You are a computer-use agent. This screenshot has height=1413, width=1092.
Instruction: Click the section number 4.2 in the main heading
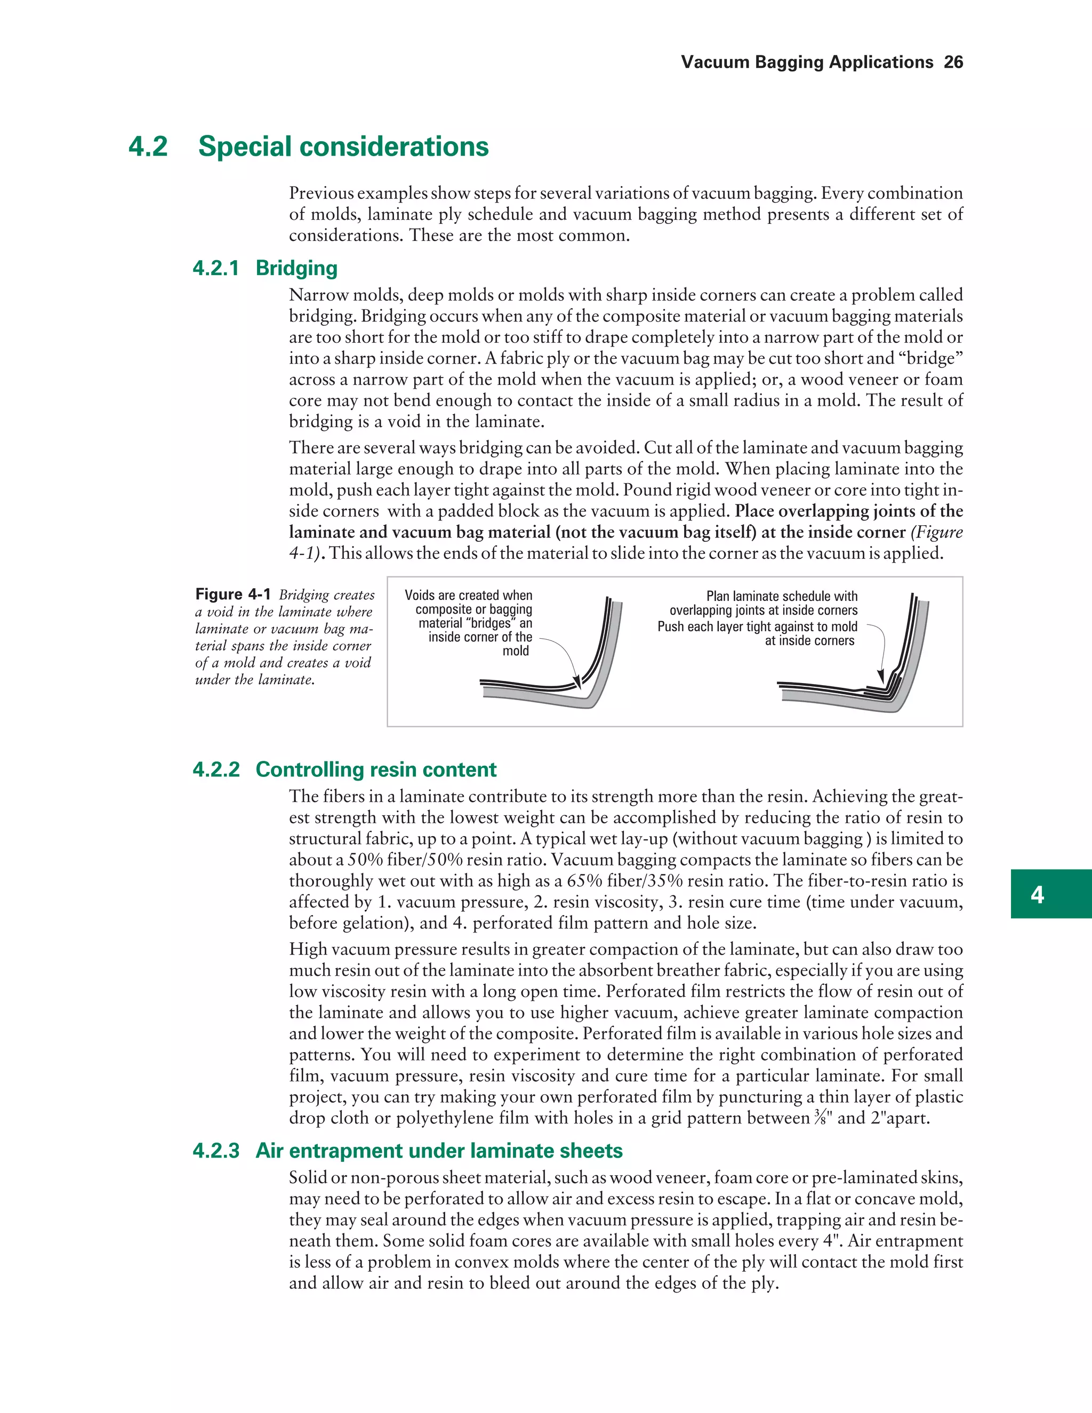click(148, 146)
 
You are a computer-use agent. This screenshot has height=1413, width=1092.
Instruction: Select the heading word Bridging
click(296, 268)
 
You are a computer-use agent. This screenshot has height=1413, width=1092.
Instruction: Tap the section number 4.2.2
click(216, 769)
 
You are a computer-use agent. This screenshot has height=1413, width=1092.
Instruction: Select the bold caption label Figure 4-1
click(233, 594)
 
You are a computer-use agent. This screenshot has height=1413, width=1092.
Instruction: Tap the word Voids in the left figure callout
click(419, 595)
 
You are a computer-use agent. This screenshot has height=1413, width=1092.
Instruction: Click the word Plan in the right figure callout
click(718, 596)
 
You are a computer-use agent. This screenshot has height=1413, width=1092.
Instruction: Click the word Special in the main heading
click(245, 146)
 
